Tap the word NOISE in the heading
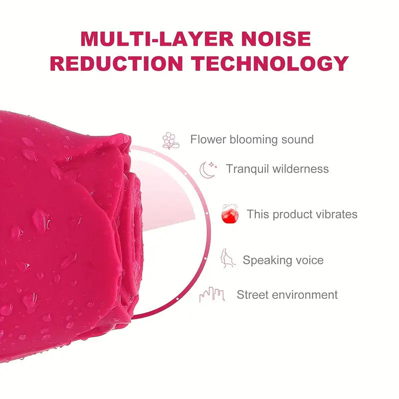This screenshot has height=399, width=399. (279, 39)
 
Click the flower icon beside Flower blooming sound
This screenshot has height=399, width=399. (171, 140)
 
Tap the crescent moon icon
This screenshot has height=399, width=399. (207, 170)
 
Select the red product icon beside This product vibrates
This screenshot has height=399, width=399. (230, 214)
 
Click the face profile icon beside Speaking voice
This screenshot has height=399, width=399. (228, 258)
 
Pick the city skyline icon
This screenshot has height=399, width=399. (211, 295)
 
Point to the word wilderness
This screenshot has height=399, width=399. (301, 169)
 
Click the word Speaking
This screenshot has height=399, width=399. (266, 260)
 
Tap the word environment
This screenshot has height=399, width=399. (305, 295)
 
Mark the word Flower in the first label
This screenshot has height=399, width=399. (208, 140)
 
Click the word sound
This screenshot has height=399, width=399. (297, 140)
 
